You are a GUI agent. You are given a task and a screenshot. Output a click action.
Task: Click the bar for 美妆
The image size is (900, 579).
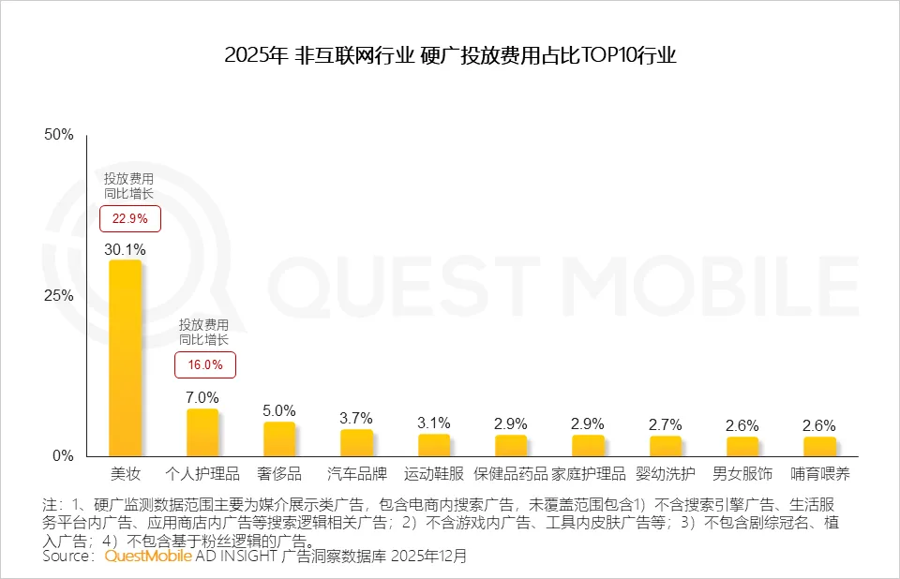(x=125, y=357)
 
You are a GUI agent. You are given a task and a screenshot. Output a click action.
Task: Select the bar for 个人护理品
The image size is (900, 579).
(x=202, y=432)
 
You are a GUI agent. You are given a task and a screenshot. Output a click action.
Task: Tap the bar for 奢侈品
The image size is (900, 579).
(x=279, y=438)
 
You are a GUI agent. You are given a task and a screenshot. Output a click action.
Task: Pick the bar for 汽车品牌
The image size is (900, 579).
(x=356, y=442)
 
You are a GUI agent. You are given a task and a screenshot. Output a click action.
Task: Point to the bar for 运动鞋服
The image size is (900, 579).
(x=433, y=445)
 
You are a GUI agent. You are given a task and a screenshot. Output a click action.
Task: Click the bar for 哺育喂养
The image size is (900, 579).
(x=819, y=446)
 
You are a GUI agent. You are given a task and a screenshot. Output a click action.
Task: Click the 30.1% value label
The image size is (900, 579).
(x=126, y=249)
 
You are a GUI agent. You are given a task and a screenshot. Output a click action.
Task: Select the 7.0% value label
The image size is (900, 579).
(x=202, y=397)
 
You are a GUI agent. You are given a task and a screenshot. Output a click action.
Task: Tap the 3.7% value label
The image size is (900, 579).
(x=356, y=418)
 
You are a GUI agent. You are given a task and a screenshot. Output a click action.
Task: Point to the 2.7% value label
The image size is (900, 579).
(x=665, y=424)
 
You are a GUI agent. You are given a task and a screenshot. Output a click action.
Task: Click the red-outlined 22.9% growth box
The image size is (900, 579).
(x=130, y=219)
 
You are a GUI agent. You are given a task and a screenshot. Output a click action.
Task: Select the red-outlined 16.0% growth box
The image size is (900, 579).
(x=206, y=364)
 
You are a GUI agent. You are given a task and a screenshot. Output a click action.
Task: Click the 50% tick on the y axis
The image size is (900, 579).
(x=59, y=135)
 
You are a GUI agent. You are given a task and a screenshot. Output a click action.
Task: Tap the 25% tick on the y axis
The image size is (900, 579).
(x=59, y=295)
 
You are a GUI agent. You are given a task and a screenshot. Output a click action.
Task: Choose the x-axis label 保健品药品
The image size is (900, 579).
(x=511, y=474)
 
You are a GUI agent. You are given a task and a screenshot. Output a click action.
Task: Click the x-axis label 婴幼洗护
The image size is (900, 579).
(x=665, y=474)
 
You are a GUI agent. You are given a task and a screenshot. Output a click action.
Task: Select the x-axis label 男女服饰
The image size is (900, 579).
(x=742, y=474)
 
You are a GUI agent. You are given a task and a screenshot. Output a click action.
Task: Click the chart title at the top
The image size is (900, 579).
(x=450, y=55)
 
